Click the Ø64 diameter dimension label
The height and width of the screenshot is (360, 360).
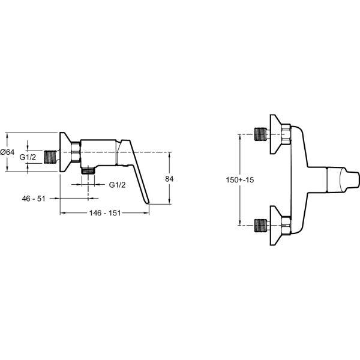pyautogui.click(x=7, y=152)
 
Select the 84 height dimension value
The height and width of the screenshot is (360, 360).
pyautogui.click(x=169, y=179)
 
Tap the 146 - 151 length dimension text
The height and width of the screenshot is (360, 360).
pyautogui.click(x=105, y=213)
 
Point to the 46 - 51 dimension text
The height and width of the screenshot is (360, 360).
pyautogui.click(x=34, y=199)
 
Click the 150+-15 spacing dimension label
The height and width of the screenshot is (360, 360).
pyautogui.click(x=240, y=180)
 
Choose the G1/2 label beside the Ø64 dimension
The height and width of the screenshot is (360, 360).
pyautogui.click(x=28, y=157)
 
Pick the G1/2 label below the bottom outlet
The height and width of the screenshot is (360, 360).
pyautogui.click(x=118, y=185)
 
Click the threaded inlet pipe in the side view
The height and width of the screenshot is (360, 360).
pyautogui.click(x=50, y=157)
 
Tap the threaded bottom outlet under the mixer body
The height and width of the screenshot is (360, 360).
pyautogui.click(x=88, y=170)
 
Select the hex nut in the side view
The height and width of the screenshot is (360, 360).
pyautogui.click(x=76, y=152)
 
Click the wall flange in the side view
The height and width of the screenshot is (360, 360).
pyautogui.click(x=65, y=152)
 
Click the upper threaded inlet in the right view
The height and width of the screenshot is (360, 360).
pyautogui.click(x=261, y=134)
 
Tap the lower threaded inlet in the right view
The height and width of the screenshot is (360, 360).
pyautogui.click(x=261, y=226)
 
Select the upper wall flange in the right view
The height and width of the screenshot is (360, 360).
pyautogui.click(x=276, y=134)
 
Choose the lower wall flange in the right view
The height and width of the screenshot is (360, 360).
pyautogui.click(x=276, y=226)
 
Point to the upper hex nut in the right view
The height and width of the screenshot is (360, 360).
pyautogui.click(x=286, y=134)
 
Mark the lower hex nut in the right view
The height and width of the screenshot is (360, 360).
pyautogui.click(x=286, y=226)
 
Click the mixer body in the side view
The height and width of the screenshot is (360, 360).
pyautogui.click(x=99, y=152)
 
